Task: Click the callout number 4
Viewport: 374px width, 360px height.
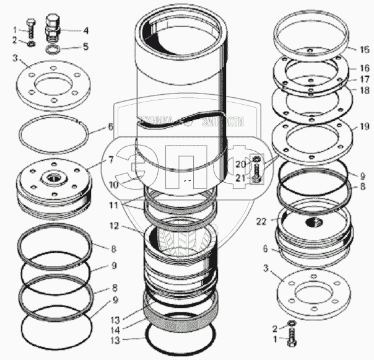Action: [86, 30]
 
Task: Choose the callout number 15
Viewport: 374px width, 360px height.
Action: [366, 48]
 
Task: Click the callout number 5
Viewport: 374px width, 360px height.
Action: [86, 46]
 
